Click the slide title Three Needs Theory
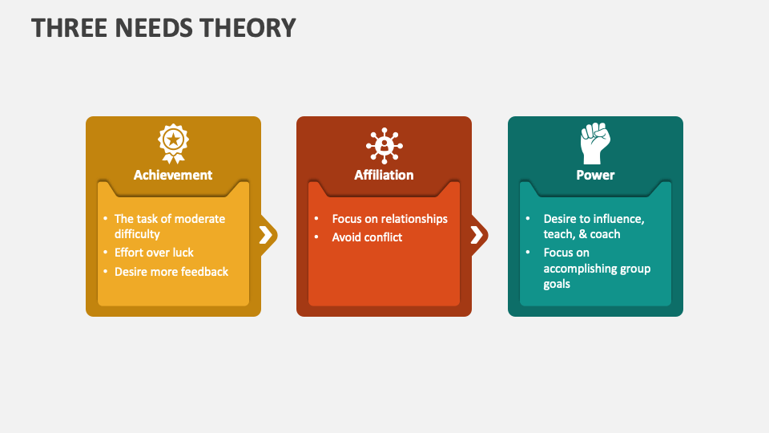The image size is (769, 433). click(163, 28)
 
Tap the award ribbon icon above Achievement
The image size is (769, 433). click(173, 143)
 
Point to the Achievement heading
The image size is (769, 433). click(173, 175)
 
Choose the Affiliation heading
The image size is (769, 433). click(384, 175)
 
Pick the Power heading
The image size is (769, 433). click(595, 175)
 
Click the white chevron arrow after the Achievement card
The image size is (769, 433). click(264, 235)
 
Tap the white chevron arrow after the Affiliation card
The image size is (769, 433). click(476, 235)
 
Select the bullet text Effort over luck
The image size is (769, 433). click(154, 253)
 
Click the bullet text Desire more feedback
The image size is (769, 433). click(171, 272)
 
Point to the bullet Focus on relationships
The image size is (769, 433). click(390, 219)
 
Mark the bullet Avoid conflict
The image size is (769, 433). click(367, 237)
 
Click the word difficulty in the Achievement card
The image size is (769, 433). click(137, 234)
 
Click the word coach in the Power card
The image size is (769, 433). click(605, 234)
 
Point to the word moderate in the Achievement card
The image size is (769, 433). click(199, 219)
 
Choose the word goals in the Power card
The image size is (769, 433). click(557, 284)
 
